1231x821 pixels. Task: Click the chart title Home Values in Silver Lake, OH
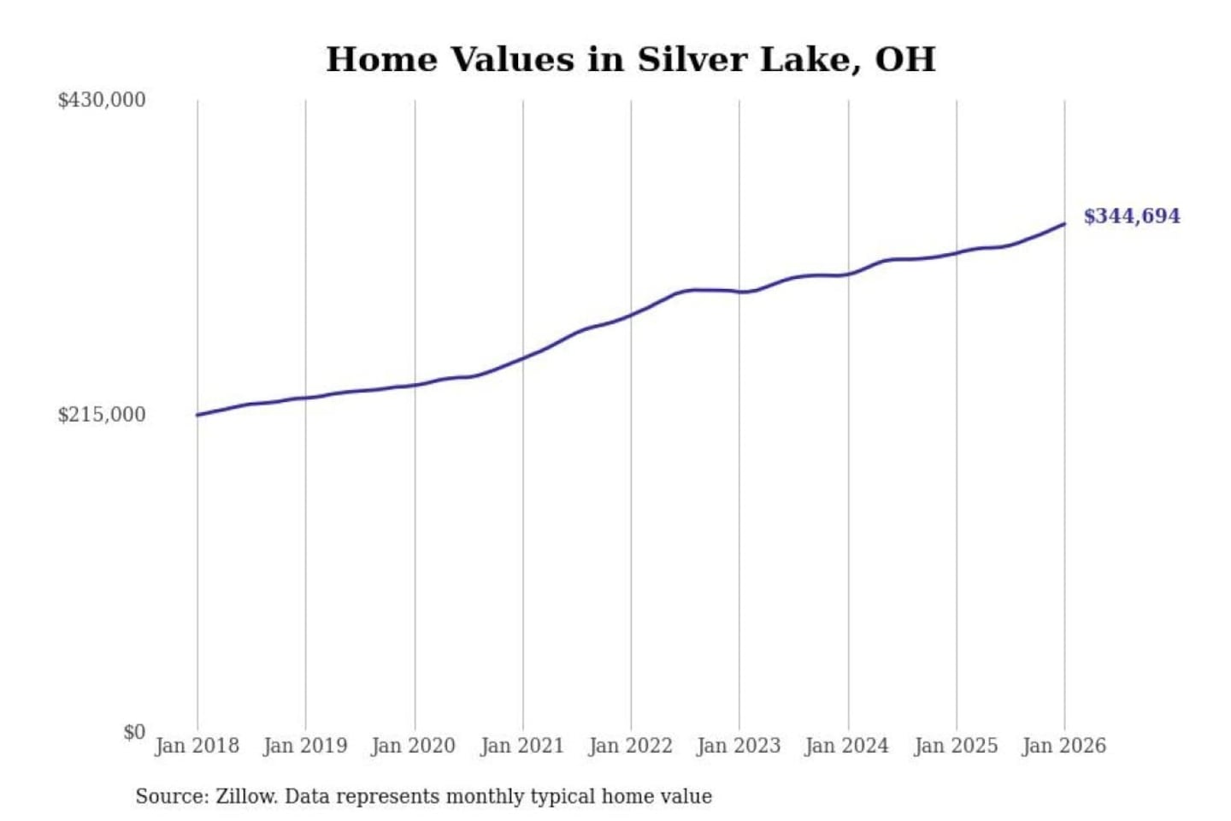tap(631, 60)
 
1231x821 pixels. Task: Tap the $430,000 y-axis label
tap(102, 100)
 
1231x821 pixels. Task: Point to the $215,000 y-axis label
tap(102, 415)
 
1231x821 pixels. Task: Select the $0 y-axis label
tap(134, 732)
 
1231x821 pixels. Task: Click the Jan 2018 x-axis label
tap(197, 746)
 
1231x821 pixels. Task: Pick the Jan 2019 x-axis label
tap(305, 746)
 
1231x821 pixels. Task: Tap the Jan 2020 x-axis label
tap(414, 746)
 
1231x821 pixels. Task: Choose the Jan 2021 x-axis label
tap(522, 746)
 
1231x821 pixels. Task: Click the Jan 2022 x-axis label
tap(631, 746)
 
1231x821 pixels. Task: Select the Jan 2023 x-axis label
tap(739, 746)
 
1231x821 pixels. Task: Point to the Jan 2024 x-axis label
tap(847, 746)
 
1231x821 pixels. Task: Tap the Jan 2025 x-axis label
tap(956, 746)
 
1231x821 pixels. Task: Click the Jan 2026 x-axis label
tap(1064, 746)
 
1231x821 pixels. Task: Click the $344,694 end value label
tap(1132, 216)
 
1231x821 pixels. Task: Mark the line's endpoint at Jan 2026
tap(1064, 224)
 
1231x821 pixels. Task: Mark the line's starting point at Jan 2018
tap(197, 415)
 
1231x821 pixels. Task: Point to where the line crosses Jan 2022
tap(631, 315)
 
